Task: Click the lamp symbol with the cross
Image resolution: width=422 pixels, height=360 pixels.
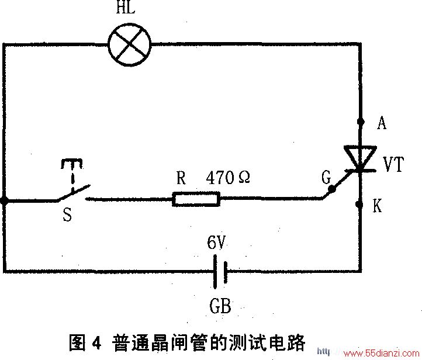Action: [129, 44]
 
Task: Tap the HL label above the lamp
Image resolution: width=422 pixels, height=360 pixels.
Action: [126, 7]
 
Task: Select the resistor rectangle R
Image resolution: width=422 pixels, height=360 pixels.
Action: [196, 199]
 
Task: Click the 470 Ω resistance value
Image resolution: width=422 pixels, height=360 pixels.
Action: [228, 178]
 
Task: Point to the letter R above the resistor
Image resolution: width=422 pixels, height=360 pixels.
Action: [181, 178]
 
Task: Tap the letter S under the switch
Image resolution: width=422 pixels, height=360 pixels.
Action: [67, 214]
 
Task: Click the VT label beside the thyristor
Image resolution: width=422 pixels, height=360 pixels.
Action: [393, 164]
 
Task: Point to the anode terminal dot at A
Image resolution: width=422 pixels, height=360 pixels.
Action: [361, 122]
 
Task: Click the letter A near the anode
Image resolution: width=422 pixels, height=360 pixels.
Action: [382, 123]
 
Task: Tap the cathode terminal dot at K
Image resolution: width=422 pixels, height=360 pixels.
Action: [359, 205]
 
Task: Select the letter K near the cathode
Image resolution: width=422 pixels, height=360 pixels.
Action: [378, 206]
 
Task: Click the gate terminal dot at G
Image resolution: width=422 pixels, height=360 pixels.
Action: [332, 189]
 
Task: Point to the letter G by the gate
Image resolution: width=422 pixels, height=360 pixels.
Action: [326, 178]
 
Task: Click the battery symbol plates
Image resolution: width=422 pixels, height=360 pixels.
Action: [220, 272]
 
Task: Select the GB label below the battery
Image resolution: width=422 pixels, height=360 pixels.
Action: [220, 306]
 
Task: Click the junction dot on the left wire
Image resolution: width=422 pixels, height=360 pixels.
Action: [4, 200]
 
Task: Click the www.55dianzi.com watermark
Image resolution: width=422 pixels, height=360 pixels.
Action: [381, 353]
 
